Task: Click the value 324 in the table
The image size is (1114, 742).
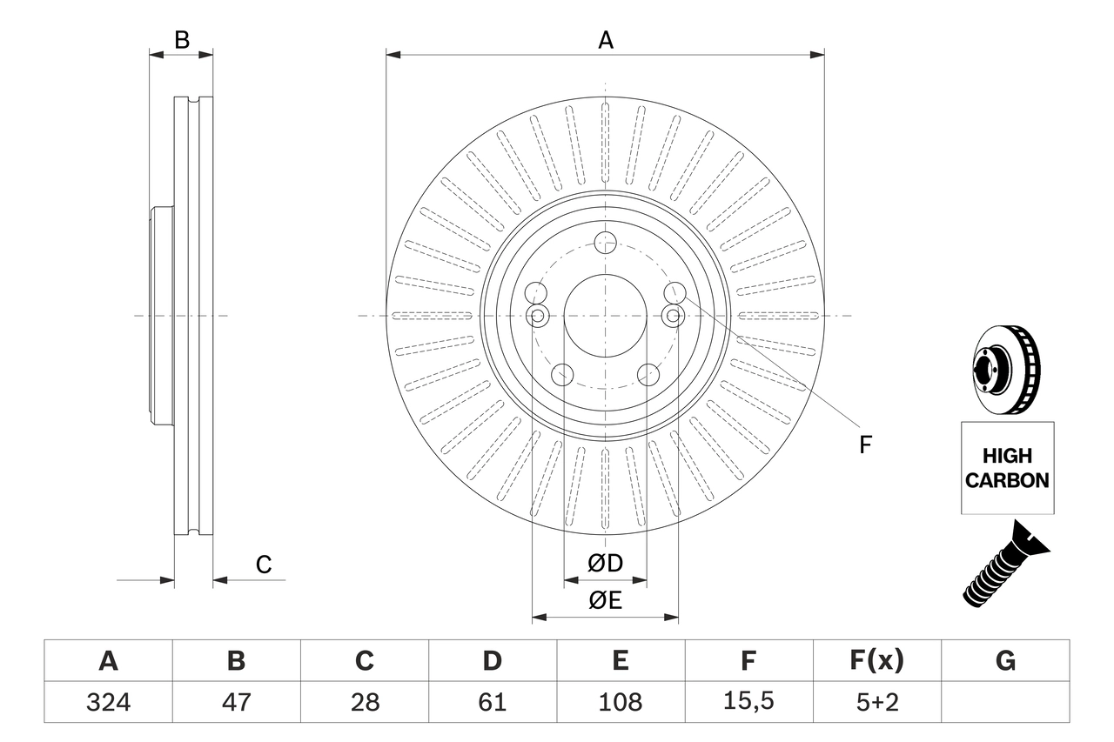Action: [108, 702]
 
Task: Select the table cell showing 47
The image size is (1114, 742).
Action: [236, 702]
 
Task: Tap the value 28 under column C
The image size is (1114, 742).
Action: [364, 702]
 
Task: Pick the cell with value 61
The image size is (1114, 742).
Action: [492, 702]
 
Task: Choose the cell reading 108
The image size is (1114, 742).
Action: [620, 702]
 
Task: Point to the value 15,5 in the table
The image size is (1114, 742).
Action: [748, 702]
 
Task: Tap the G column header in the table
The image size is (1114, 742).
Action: [1005, 661]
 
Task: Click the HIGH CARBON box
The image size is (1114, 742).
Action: [1007, 468]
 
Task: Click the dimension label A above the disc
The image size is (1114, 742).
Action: [605, 39]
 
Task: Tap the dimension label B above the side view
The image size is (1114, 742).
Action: [181, 39]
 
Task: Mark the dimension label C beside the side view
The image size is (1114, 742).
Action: [264, 565]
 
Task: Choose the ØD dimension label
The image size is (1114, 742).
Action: [605, 564]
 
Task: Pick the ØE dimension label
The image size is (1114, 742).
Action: [605, 601]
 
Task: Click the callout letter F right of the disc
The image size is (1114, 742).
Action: [865, 445]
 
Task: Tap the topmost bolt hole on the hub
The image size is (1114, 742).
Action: [605, 244]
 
